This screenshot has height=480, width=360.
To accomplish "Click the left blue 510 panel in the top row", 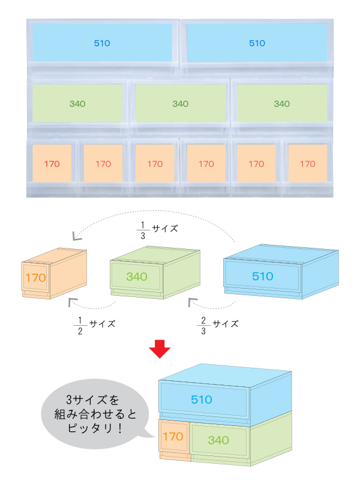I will tap(102, 43).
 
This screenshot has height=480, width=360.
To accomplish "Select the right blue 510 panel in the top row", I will tap(257, 43).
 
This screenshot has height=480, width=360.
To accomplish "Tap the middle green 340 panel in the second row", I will tap(180, 104).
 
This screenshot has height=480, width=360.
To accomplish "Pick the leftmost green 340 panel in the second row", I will tap(77, 104).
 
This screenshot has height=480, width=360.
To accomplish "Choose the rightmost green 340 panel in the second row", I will tap(281, 104).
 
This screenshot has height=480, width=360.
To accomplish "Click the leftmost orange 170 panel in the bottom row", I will tap(52, 163).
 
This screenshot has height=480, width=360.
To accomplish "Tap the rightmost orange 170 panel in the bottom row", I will tap(307, 163).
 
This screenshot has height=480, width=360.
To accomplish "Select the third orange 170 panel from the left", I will tap(154, 163).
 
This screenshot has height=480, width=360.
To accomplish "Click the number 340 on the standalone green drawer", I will tap(136, 277).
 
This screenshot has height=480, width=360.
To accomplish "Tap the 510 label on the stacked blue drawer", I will tap(202, 400).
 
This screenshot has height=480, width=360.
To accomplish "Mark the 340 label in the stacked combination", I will tap(218, 440).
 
